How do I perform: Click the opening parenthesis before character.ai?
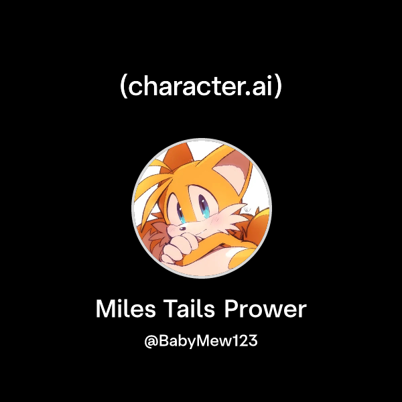click(123, 88)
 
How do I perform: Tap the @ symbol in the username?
click(151, 341)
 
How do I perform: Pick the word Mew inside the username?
click(214, 341)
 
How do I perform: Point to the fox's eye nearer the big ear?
click(204, 202)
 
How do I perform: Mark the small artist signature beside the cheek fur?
click(247, 208)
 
